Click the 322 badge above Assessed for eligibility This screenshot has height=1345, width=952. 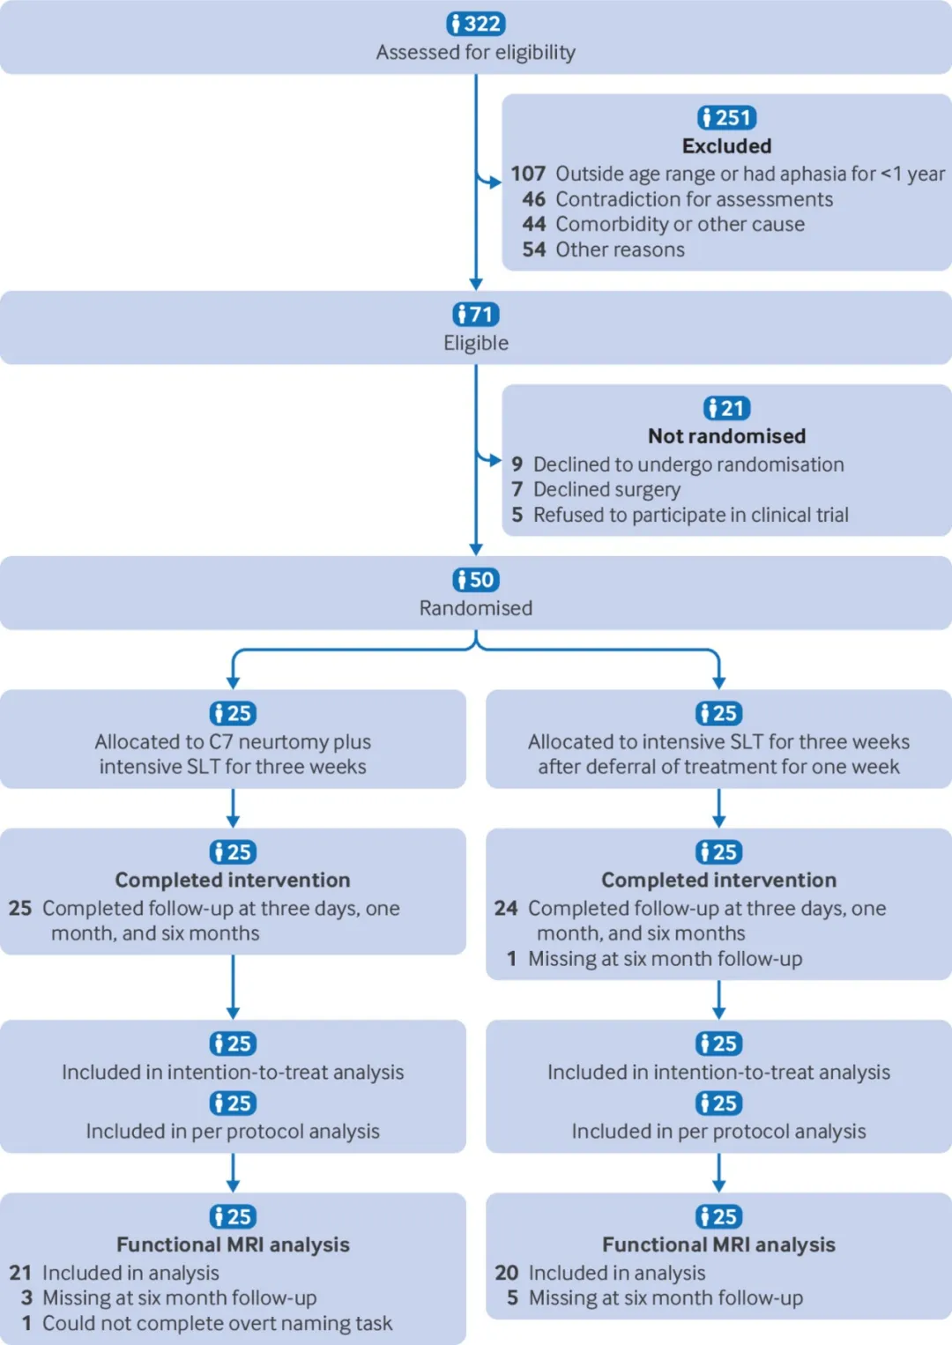pyautogui.click(x=476, y=24)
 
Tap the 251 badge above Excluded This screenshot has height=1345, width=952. pyautogui.click(x=726, y=117)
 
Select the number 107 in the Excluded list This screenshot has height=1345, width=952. pyautogui.click(x=528, y=174)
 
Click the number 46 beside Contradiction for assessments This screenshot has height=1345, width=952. pyautogui.click(x=534, y=198)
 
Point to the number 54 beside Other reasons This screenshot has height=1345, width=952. pyautogui.click(x=534, y=249)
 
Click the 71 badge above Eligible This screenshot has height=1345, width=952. pyautogui.click(x=476, y=314)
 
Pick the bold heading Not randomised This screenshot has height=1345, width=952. pyautogui.click(x=726, y=436)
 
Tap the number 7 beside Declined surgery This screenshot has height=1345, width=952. pyautogui.click(x=517, y=489)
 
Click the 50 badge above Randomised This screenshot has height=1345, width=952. pyautogui.click(x=476, y=579)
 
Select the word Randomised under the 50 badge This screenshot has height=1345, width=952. pyautogui.click(x=476, y=607)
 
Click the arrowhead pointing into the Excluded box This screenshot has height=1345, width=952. pyautogui.click(x=495, y=182)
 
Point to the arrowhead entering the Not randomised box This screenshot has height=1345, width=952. pyautogui.click(x=495, y=461)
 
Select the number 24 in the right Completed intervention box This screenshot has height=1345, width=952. pyautogui.click(x=506, y=908)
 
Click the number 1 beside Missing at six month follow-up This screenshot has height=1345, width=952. pyautogui.click(x=512, y=958)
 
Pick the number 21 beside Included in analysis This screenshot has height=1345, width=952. pyautogui.click(x=19, y=1273)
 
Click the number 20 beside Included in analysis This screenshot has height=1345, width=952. pyautogui.click(x=506, y=1273)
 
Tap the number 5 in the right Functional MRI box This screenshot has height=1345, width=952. pyautogui.click(x=512, y=1297)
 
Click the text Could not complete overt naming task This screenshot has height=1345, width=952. pyautogui.click(x=217, y=1323)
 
